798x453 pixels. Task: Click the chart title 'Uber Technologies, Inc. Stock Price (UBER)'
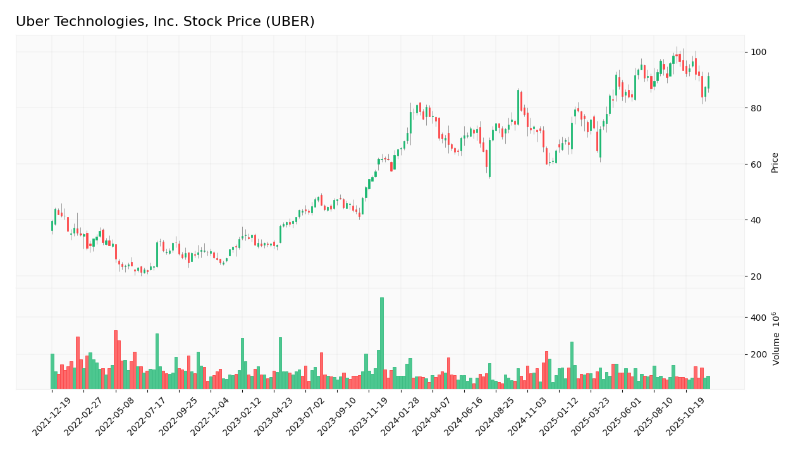(x=165, y=22)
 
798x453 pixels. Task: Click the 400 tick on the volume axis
(x=758, y=317)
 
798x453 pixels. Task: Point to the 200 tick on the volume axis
(x=758, y=354)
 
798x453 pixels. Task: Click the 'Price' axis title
(x=775, y=163)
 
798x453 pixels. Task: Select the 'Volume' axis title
(x=777, y=338)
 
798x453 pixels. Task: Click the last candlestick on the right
(x=708, y=82)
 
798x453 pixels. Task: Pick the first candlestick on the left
(x=52, y=226)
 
